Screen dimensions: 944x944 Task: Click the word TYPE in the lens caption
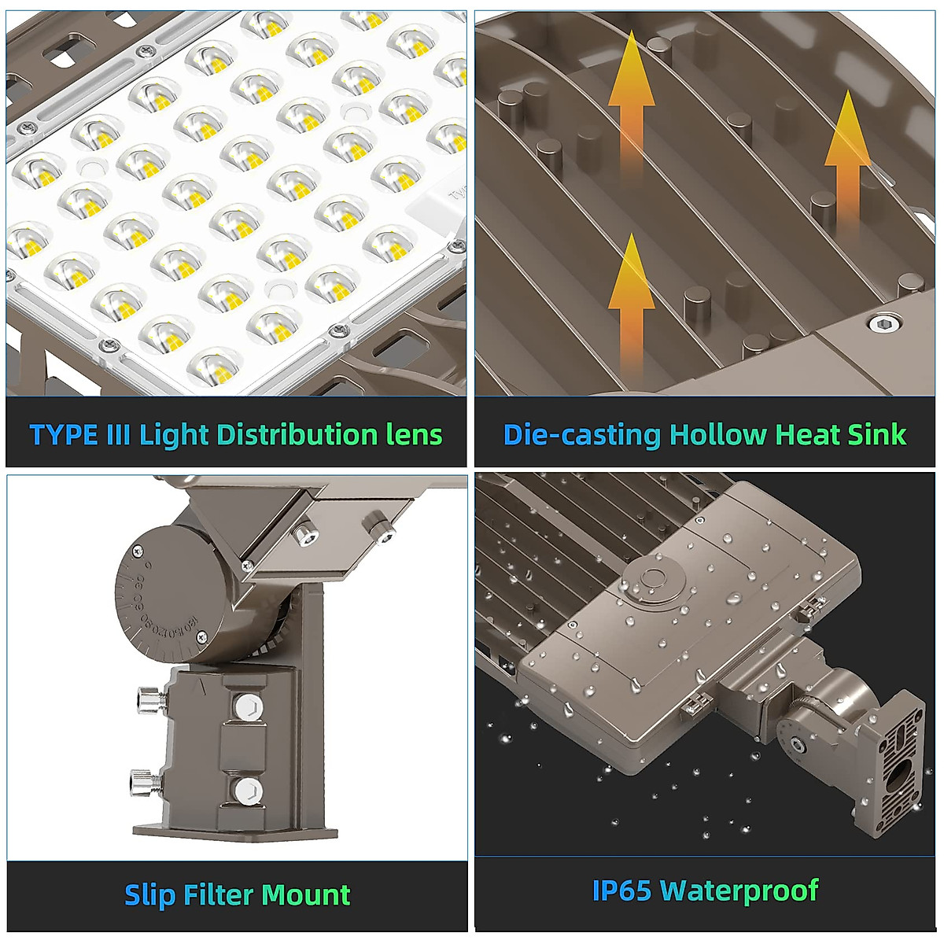click(63, 435)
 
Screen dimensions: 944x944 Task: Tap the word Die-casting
click(581, 435)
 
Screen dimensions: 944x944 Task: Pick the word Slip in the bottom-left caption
click(149, 895)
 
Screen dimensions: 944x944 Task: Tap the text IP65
click(621, 891)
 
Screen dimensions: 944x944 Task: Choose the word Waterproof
click(739, 891)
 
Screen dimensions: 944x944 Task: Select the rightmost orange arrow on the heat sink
click(846, 165)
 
